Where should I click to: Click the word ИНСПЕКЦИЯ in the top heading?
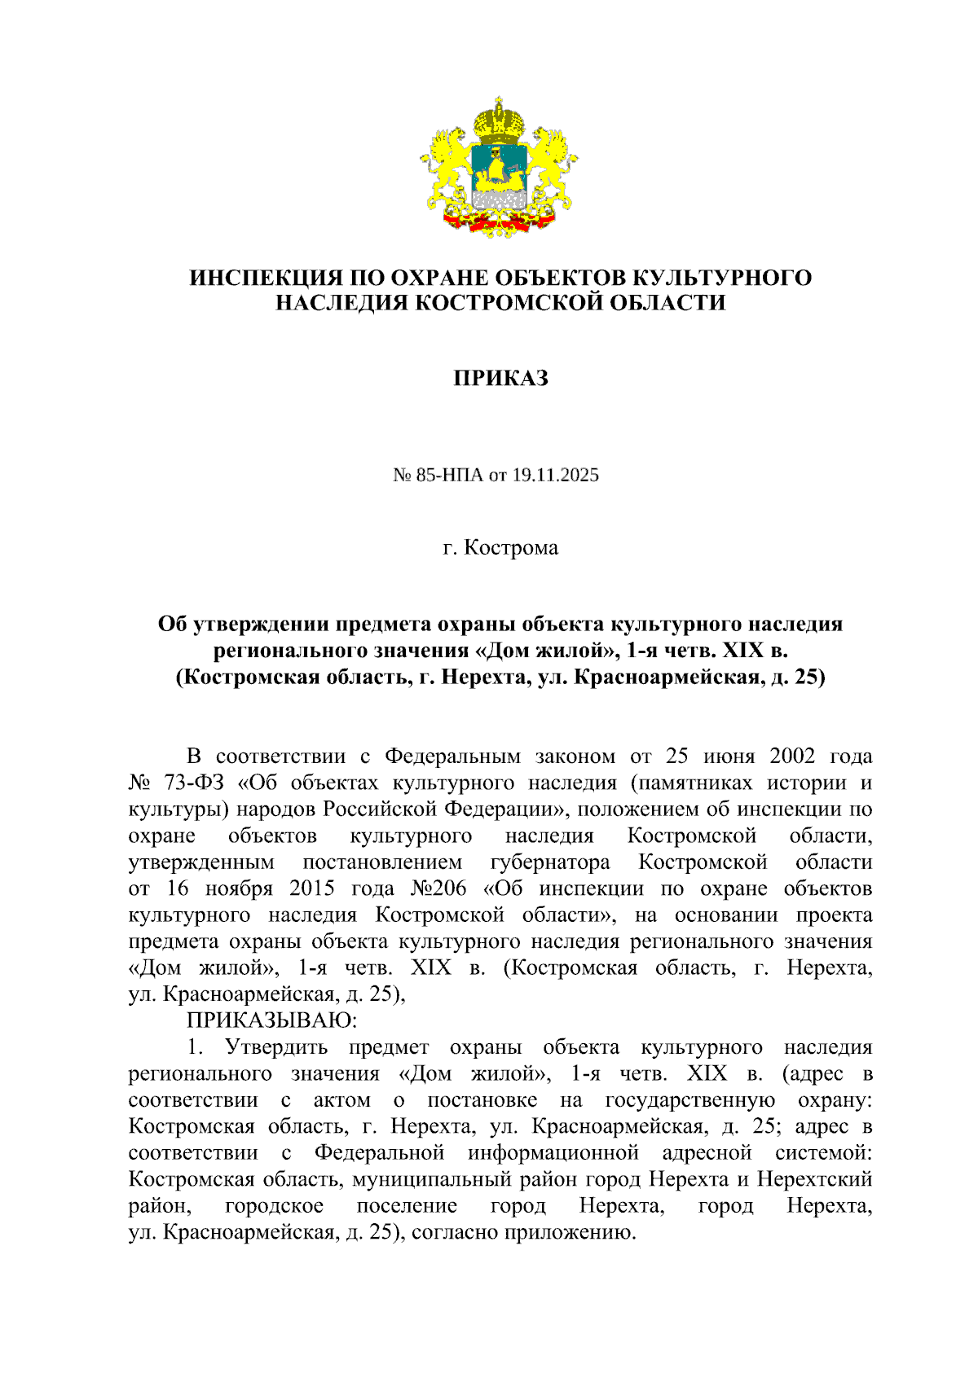tap(260, 278)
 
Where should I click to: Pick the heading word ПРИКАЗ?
tap(500, 378)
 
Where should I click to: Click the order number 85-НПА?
tap(450, 475)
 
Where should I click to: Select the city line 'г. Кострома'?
tap(500, 547)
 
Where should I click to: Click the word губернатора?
tap(550, 862)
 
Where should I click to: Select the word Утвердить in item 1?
tap(276, 1047)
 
